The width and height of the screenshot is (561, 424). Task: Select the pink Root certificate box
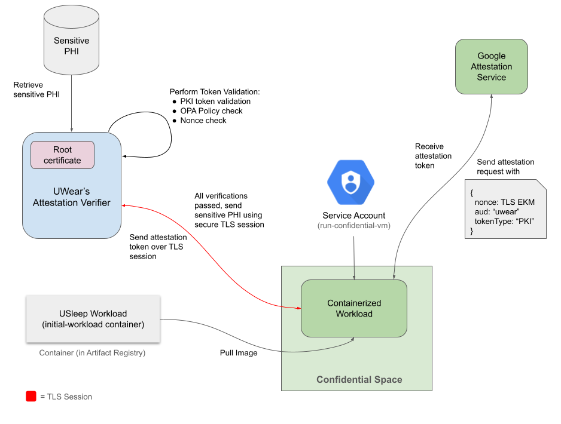tap(62, 155)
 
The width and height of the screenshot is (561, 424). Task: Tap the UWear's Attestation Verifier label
tap(71, 197)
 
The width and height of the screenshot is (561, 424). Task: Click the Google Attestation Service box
tap(491, 66)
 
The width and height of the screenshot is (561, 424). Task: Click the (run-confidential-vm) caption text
tap(350, 226)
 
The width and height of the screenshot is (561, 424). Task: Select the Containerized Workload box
tap(353, 308)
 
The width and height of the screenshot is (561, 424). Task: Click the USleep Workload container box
tap(93, 319)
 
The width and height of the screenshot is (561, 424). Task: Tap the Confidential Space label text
tap(359, 380)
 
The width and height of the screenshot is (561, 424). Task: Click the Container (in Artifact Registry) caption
tap(93, 353)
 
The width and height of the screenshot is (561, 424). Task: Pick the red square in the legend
tap(31, 397)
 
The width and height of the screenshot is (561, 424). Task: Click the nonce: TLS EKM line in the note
tap(502, 202)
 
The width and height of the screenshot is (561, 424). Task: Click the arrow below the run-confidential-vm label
tap(355, 257)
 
